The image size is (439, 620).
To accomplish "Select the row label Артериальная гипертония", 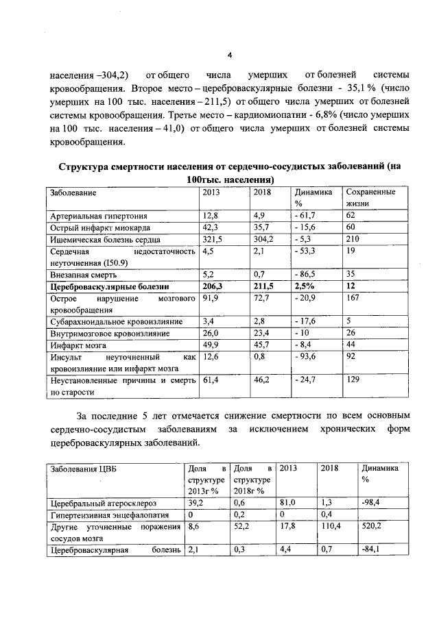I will [x=93, y=216].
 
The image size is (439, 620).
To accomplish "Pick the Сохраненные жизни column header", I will [x=371, y=197].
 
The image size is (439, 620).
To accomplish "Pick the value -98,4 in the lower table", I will [x=374, y=503].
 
